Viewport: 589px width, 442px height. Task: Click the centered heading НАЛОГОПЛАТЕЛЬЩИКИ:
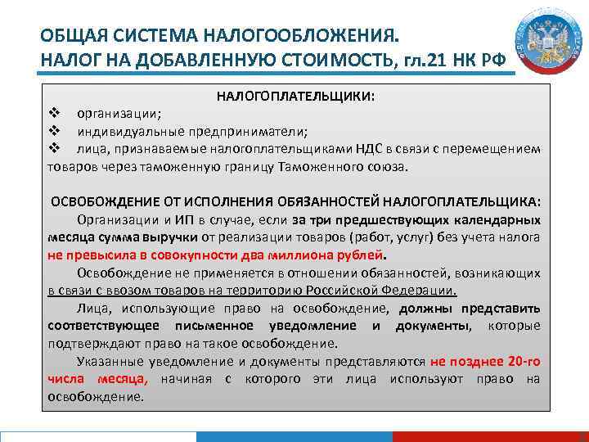[x=295, y=97]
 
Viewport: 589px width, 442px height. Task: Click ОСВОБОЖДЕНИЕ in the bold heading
[x=102, y=201]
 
